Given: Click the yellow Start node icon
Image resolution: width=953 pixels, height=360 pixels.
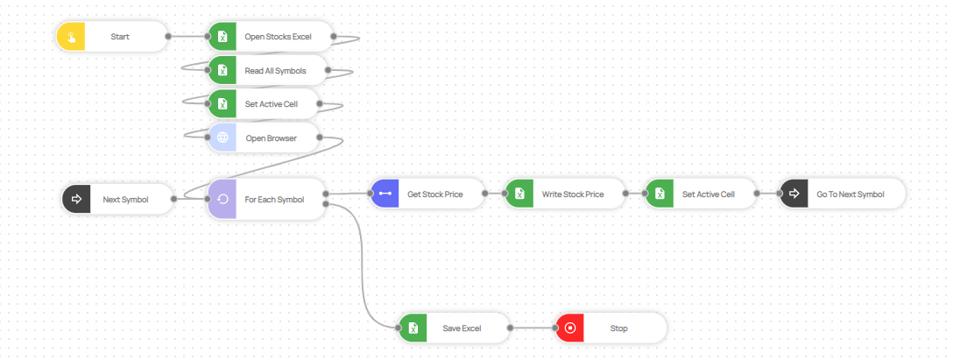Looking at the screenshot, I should point(71,37).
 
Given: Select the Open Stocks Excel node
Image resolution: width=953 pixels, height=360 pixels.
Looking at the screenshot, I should point(271,37).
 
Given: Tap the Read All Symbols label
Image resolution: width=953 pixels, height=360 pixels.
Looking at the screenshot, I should point(275,70).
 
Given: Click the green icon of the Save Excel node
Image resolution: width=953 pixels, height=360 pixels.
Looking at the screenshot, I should point(413,329).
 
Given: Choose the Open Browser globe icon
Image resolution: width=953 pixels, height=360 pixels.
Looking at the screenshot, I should point(222,138).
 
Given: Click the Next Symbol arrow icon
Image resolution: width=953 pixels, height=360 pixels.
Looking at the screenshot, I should point(76,199).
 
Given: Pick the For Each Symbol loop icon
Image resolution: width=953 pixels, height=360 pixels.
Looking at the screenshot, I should point(222,199).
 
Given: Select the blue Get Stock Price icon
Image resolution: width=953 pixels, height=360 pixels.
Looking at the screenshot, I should point(385,194).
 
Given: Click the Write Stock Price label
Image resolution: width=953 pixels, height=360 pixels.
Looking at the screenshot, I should point(572,194).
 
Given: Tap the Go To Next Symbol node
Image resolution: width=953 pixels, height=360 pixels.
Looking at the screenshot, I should point(842,194).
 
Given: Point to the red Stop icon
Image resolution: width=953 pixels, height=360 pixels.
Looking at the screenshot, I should point(570,329).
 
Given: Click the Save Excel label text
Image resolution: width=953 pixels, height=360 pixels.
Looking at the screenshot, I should point(462,329).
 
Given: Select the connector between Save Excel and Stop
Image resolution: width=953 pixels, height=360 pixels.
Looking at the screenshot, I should point(533,329).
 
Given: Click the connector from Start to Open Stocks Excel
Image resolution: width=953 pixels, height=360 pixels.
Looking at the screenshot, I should point(187,37).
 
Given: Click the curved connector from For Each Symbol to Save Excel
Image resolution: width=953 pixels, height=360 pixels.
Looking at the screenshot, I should point(362,263).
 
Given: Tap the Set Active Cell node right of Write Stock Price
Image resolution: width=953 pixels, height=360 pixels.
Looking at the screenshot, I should point(701,194).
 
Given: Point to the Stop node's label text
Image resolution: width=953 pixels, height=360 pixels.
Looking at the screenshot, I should point(618,329).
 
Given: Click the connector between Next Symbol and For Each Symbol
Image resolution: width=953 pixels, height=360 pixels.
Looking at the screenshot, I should point(191,199).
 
